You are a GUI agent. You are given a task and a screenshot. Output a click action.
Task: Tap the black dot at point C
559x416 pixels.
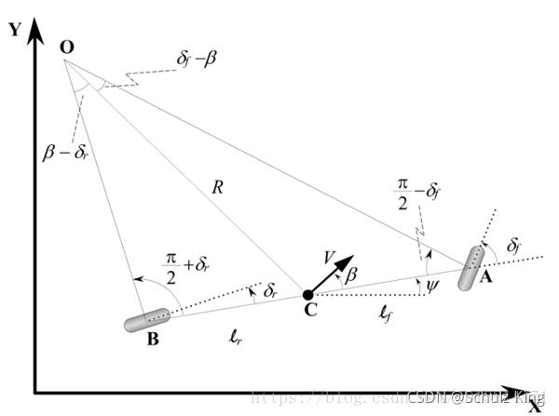click(308, 296)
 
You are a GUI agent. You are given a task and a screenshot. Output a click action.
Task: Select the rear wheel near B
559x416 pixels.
click(147, 320)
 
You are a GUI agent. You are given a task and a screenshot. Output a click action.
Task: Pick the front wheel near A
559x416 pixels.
click(471, 268)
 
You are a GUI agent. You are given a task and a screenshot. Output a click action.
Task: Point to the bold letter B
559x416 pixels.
click(153, 341)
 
